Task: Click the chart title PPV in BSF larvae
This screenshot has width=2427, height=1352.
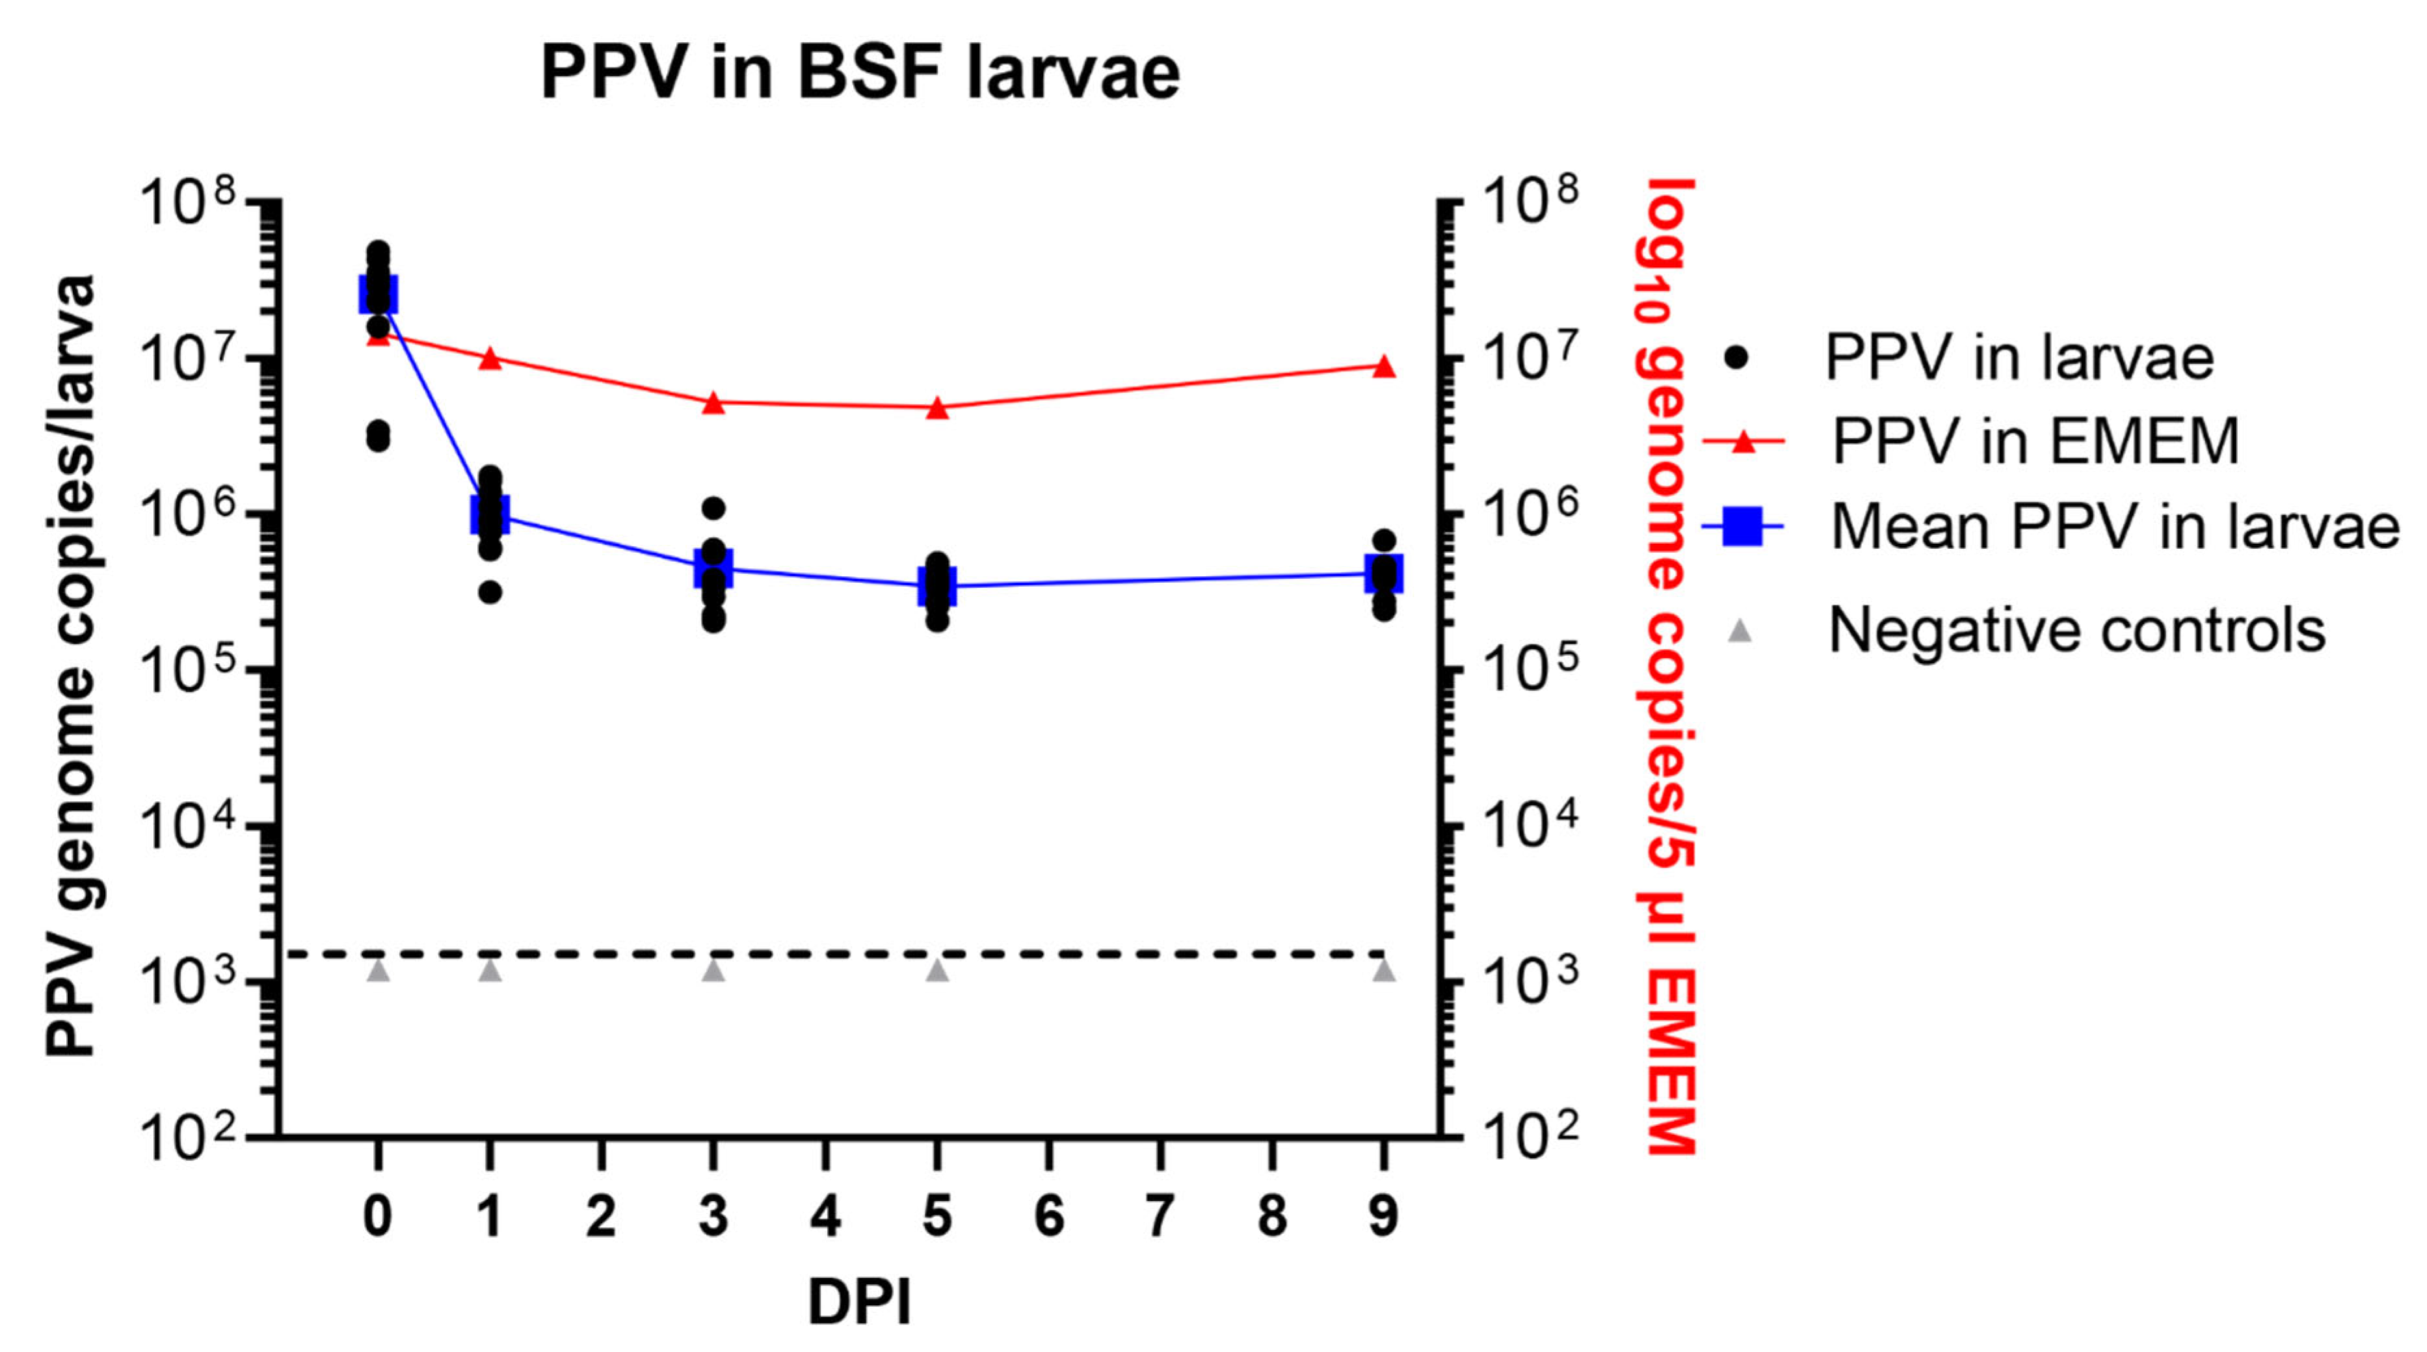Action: click(859, 73)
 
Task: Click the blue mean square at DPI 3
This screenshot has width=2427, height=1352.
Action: click(713, 568)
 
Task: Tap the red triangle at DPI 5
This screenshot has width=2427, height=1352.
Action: click(936, 407)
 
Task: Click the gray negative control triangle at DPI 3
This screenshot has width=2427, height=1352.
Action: click(713, 968)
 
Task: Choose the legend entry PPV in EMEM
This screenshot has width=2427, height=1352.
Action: click(2035, 440)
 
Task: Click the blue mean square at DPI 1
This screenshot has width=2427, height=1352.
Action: click(490, 514)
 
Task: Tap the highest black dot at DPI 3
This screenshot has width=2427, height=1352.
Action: click(713, 509)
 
